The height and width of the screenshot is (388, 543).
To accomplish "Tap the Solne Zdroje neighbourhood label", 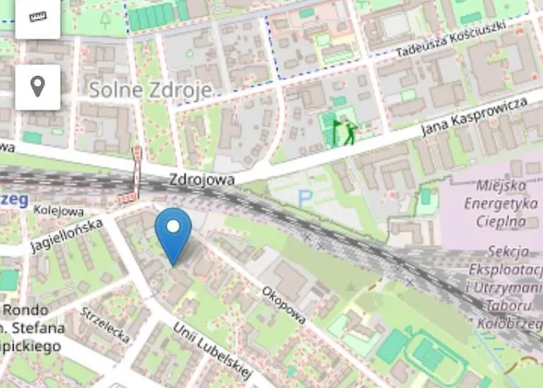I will [150, 90].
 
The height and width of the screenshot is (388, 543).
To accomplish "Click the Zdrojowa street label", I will [202, 179].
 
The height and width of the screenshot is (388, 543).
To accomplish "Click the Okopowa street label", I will [284, 304].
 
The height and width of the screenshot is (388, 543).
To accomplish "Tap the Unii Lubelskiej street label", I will [213, 353].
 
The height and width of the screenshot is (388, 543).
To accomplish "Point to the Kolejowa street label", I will [59, 210].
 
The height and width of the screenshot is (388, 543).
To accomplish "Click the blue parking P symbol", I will [305, 199].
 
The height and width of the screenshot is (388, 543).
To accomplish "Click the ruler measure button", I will [37, 16].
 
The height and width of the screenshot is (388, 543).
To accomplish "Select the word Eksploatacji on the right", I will [506, 269].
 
